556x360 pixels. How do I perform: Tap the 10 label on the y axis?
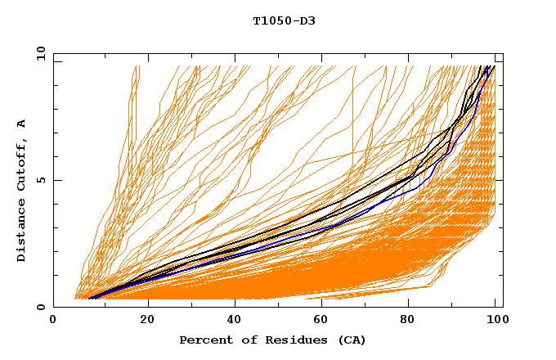(x=40, y=54)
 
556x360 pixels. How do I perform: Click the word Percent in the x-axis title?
(x=205, y=340)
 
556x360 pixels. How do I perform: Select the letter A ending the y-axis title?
(x=22, y=123)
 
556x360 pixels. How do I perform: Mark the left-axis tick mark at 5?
(x=56, y=180)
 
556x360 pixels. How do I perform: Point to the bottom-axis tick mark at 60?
(x=323, y=304)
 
